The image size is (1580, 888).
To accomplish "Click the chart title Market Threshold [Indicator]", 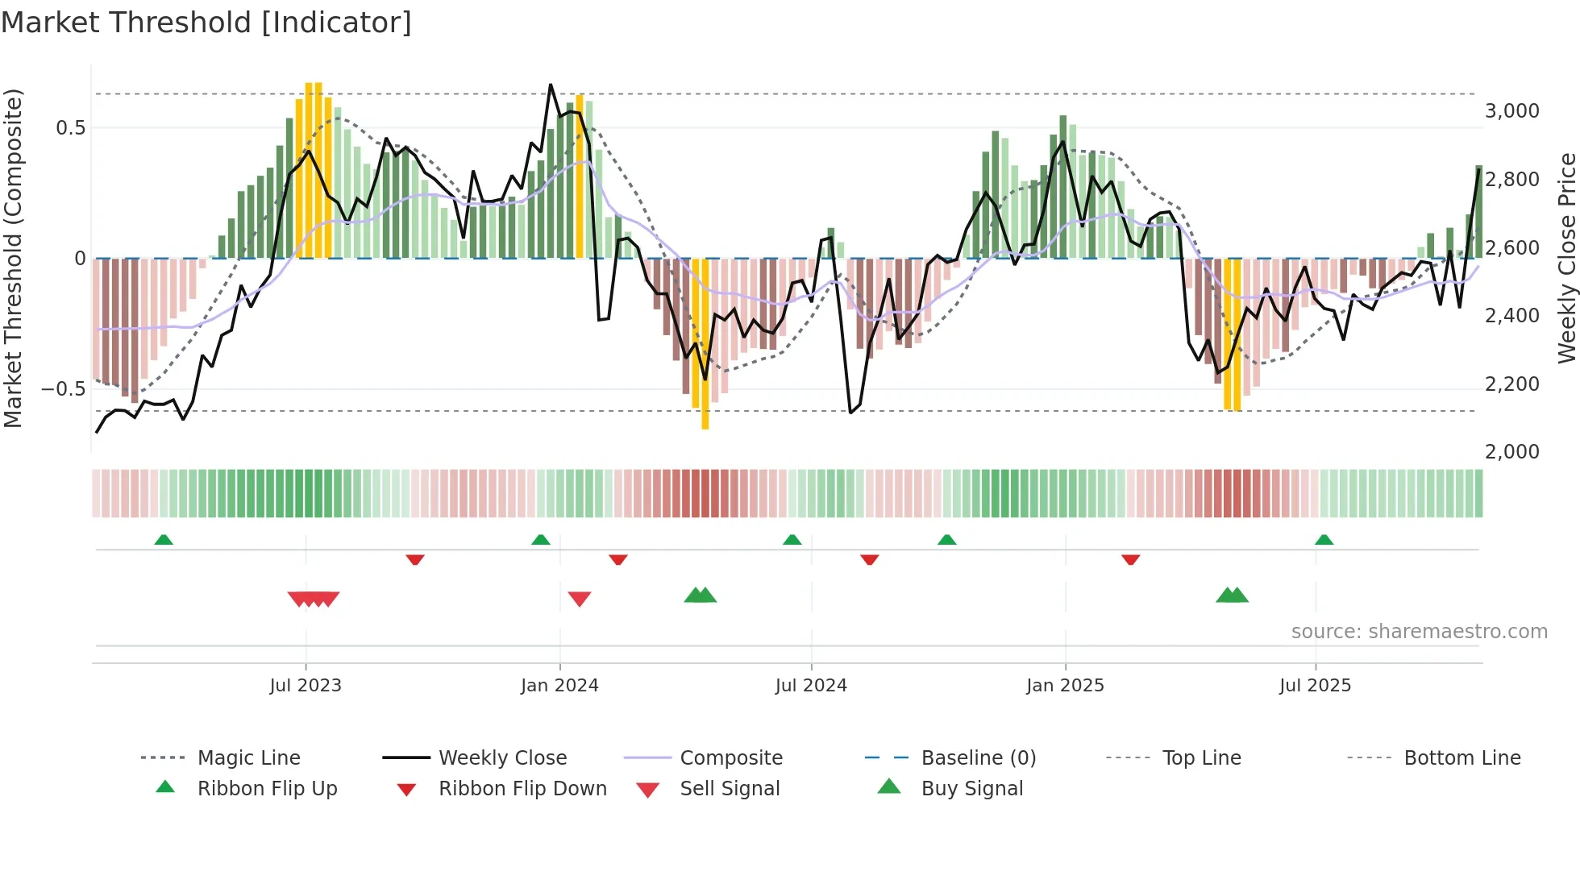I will [x=206, y=23].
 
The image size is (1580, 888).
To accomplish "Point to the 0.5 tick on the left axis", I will [x=70, y=128].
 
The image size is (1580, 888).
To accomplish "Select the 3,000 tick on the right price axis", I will [x=1511, y=111].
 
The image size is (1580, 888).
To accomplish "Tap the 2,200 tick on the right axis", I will [x=1511, y=384].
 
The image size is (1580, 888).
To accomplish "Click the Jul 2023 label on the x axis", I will [x=306, y=686].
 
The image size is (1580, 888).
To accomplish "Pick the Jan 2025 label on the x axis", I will [x=1065, y=686].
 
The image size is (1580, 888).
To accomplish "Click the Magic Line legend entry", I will [x=248, y=758].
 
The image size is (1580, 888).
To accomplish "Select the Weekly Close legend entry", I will [x=502, y=758].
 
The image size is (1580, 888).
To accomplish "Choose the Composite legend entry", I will [x=730, y=758].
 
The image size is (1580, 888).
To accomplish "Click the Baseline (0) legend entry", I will [x=978, y=758].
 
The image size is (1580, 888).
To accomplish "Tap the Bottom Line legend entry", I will [x=1461, y=758].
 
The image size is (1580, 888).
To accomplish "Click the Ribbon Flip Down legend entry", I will [x=522, y=789].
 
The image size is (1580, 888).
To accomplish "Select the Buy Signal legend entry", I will [x=971, y=789].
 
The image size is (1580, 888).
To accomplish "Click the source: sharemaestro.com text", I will [x=1419, y=632].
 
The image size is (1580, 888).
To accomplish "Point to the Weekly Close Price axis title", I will [x=1566, y=258].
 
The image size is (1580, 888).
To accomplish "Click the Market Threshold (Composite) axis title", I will [x=13, y=258].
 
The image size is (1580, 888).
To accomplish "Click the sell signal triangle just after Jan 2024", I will [x=580, y=599].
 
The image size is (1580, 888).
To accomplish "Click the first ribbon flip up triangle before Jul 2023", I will [x=164, y=540].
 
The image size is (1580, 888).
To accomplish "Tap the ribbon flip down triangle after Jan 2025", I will [x=1130, y=559].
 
